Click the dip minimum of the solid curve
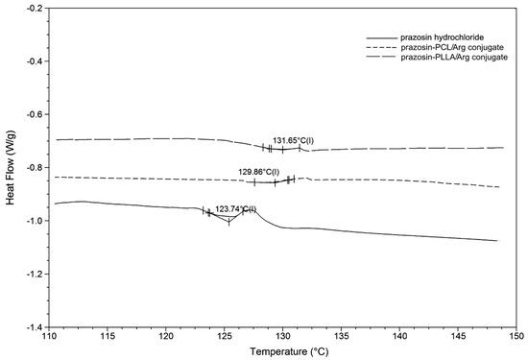[228, 222]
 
